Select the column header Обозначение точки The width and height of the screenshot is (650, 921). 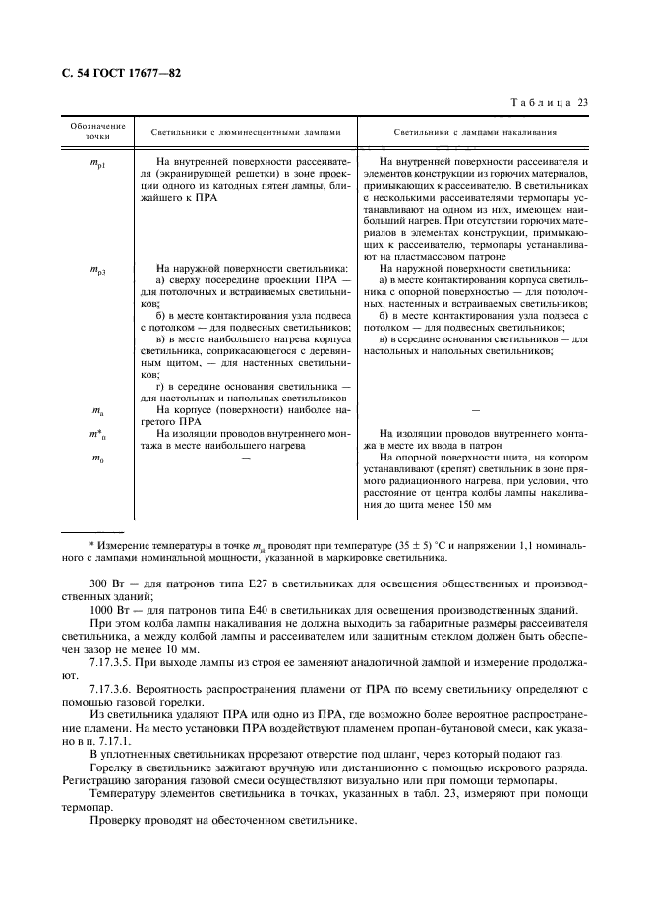tap(98, 131)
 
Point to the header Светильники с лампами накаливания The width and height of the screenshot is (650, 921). tap(476, 131)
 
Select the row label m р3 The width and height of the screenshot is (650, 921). tap(98, 267)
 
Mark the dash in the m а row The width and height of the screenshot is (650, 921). tap(475, 409)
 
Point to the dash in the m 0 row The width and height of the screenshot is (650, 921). tap(246, 458)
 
